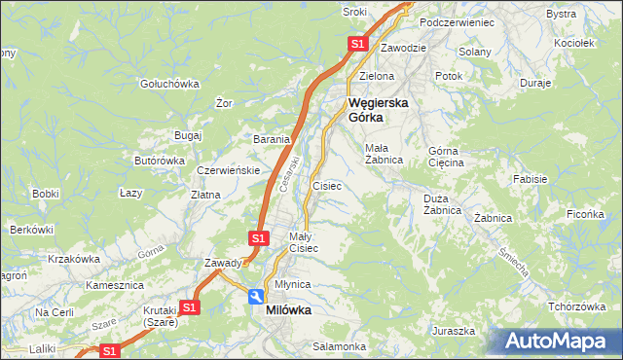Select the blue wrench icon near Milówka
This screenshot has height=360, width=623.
(x=255, y=297)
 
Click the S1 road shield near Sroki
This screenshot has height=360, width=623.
(x=357, y=44)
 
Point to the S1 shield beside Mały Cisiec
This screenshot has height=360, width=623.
(x=258, y=237)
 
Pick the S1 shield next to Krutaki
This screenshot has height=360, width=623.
(x=190, y=307)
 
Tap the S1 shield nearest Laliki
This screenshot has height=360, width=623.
(x=110, y=351)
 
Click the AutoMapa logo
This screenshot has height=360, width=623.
(x=557, y=341)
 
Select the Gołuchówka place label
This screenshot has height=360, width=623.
(x=169, y=84)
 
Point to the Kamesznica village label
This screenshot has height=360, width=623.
(x=115, y=286)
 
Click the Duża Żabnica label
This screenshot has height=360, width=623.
(x=442, y=204)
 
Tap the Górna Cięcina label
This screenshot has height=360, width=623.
(x=447, y=157)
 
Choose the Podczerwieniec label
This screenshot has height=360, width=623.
(x=457, y=21)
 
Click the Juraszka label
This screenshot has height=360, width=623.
(x=455, y=331)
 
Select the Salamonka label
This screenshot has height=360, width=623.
(x=339, y=346)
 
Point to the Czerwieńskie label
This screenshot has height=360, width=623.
(x=227, y=169)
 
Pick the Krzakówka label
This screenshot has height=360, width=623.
(x=74, y=259)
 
